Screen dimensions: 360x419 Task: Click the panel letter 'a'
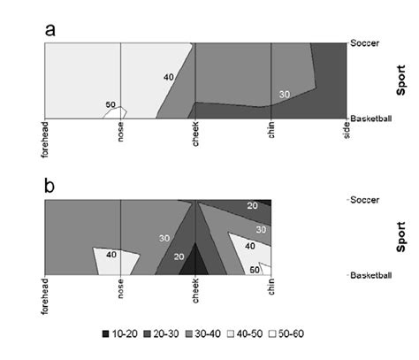pos(50,31)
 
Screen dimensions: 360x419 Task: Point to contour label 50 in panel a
pos(110,105)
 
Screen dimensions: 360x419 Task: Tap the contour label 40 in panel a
pos(168,77)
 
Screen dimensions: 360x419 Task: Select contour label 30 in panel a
pos(284,94)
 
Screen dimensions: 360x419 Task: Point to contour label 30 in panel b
pos(164,238)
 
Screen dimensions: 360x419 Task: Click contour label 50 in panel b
pos(254,269)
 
